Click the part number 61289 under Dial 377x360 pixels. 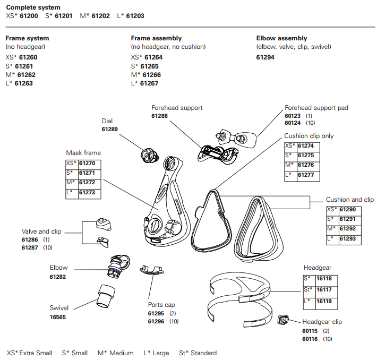[110, 129]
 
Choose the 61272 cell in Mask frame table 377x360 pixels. [87, 183]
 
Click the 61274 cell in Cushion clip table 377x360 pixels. [305, 145]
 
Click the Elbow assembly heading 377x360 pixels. [281, 38]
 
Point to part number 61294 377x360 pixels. [265, 57]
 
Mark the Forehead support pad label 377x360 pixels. [316, 108]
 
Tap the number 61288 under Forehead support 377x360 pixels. [160, 116]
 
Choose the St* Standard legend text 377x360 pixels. [198, 353]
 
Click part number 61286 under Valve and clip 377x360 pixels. [30, 240]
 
